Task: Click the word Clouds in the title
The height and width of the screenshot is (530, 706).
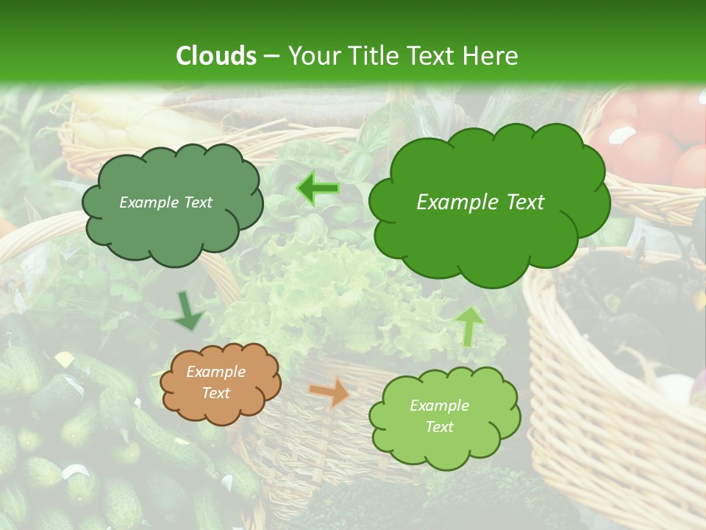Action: coord(216,56)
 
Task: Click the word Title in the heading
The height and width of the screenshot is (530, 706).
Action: coord(374,56)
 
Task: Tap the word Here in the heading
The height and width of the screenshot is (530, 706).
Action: coord(493,56)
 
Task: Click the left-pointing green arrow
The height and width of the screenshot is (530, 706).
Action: coord(318,188)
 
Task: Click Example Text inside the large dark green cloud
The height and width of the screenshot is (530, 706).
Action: coord(480,202)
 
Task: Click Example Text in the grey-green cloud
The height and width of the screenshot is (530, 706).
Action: coord(165,202)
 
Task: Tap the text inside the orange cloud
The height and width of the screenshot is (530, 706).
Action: coord(216,382)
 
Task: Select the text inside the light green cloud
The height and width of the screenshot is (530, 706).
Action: coord(439,416)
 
